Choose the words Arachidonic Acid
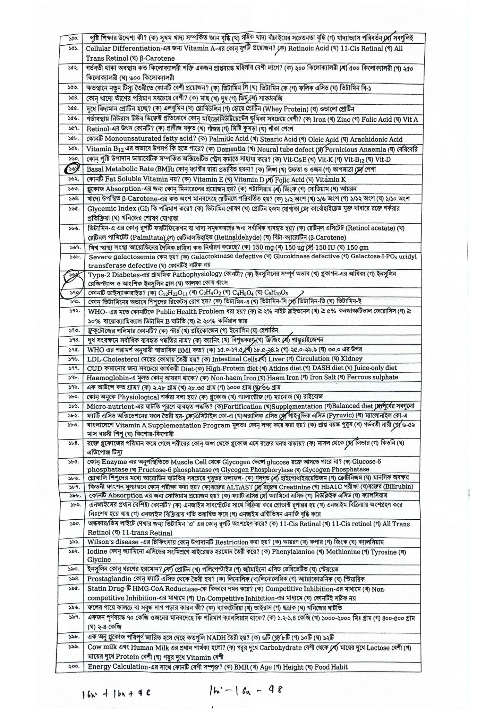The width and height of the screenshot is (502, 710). tap(376, 139)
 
